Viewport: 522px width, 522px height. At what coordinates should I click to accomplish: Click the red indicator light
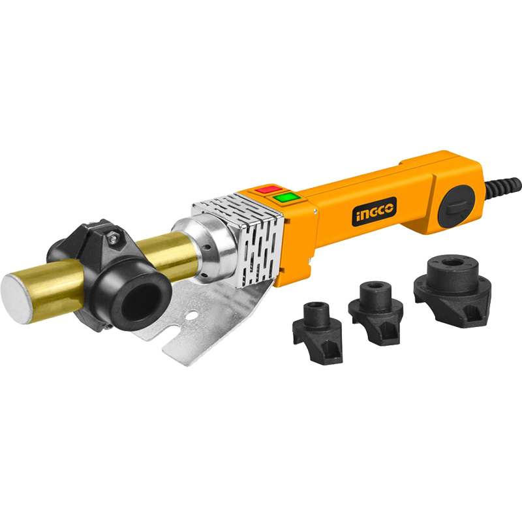[x=269, y=189]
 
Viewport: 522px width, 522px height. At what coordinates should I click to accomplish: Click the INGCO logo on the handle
[x=374, y=211]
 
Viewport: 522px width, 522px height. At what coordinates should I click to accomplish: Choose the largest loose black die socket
[x=452, y=290]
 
